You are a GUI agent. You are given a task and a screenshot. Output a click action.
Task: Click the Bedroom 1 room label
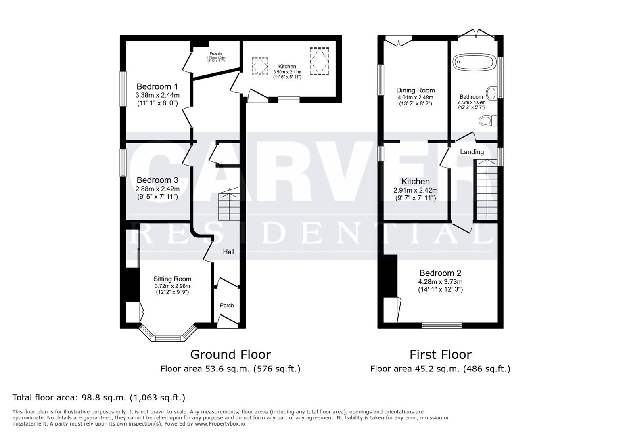pos(157,86)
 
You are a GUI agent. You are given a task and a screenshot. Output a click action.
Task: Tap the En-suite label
pos(216,54)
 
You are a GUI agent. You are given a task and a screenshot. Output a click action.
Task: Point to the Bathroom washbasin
pos(491,93)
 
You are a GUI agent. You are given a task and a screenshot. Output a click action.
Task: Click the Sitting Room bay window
pos(168,337)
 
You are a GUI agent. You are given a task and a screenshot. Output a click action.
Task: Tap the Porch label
pos(226,305)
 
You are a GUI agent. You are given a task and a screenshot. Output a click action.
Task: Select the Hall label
pos(228,252)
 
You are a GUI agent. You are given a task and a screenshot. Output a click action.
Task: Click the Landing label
pos(472,152)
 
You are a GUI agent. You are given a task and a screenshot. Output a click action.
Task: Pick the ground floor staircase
pos(229,206)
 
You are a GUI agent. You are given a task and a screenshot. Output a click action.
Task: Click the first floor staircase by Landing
pos(486,190)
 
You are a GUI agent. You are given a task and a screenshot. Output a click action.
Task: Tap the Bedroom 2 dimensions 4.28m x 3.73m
pos(440,282)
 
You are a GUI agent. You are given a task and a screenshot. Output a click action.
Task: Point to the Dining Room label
pos(415,90)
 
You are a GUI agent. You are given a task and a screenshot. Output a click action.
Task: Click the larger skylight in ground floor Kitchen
pos(319,61)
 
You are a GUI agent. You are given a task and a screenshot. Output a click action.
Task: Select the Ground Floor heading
pos(230,354)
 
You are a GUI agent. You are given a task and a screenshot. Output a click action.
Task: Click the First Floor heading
pos(440,354)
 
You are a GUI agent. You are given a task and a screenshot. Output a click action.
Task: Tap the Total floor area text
pos(99,397)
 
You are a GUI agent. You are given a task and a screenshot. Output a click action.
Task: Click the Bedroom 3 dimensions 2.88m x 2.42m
pos(157,189)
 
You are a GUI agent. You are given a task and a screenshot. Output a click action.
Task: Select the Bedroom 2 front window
pos(441,325)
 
